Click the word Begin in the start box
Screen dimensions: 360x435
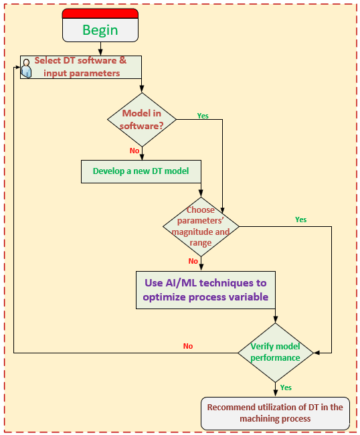[100, 30]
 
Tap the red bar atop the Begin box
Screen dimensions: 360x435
[100, 13]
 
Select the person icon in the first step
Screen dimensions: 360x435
[26, 68]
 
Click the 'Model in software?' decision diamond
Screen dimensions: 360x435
[142, 120]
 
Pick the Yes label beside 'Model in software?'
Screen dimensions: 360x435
[203, 116]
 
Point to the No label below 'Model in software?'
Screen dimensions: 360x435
[134, 151]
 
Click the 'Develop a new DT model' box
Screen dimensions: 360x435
[141, 171]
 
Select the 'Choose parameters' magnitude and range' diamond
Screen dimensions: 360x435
[201, 227]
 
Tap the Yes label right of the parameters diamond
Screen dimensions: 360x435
[301, 220]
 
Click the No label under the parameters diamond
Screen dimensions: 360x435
[193, 261]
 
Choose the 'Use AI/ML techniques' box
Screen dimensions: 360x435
[205, 290]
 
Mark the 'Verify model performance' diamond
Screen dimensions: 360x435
[276, 353]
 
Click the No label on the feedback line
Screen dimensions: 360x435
[188, 346]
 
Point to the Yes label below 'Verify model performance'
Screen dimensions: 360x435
[286, 387]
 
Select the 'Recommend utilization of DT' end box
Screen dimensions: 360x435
[275, 414]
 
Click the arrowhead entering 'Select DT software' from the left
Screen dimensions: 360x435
[17, 67]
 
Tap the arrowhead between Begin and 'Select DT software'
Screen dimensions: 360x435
[100, 52]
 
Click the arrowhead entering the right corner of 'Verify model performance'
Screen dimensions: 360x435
[317, 353]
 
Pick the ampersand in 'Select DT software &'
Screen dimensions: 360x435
[122, 60]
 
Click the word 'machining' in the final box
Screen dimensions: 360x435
[257, 419]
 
